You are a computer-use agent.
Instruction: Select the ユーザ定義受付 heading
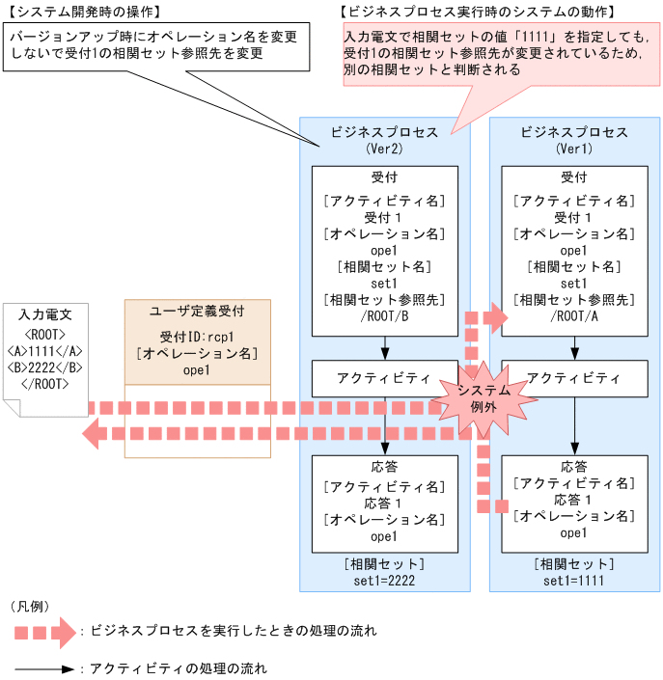point(197,311)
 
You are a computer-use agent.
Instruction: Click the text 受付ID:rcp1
point(197,337)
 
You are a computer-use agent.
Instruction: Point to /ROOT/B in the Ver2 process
point(385,315)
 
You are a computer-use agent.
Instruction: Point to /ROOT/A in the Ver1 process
point(574,315)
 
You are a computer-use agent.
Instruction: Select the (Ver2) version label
point(384,150)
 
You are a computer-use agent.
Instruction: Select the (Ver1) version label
point(574,150)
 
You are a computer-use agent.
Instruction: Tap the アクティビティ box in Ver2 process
point(385,378)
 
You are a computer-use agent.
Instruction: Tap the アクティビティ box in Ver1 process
point(574,378)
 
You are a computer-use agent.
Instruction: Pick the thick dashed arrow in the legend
point(44,632)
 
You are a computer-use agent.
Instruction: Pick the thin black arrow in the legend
point(44,667)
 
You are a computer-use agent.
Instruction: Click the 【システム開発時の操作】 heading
point(85,11)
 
